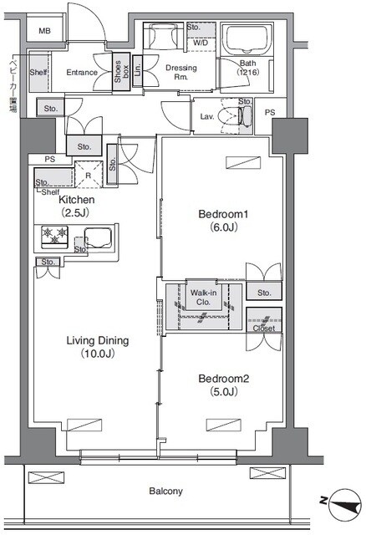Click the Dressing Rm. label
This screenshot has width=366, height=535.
[179, 72]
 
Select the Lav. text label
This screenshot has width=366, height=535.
[206, 118]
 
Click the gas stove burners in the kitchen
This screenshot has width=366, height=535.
[53, 238]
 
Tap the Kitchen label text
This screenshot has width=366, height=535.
[76, 201]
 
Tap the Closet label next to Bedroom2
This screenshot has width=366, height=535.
[263, 329]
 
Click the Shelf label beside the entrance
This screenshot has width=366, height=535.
[38, 73]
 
